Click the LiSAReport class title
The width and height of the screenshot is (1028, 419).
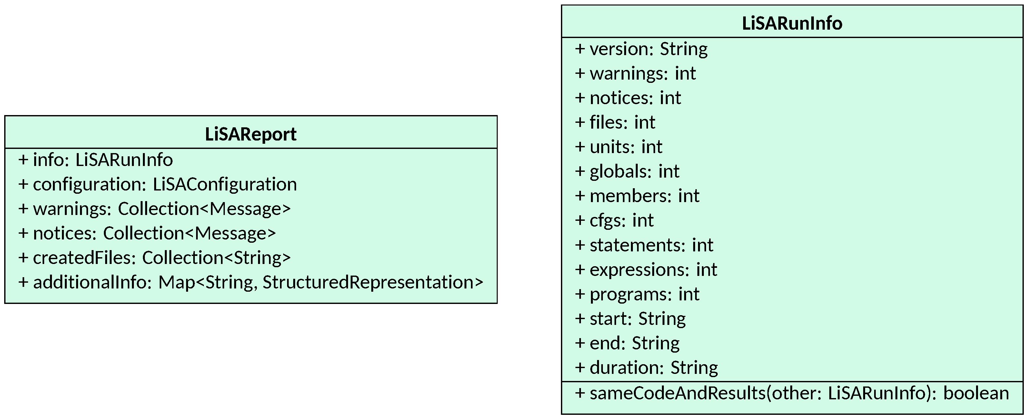[251, 134]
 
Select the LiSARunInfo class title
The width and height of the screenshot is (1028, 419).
[792, 23]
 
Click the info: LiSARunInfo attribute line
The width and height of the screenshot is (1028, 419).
[96, 160]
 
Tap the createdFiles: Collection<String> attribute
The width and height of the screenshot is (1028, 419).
[155, 258]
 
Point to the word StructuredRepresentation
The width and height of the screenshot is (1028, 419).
[372, 282]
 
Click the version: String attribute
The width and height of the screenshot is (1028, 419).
[641, 49]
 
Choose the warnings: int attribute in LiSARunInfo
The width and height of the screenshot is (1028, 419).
[635, 73]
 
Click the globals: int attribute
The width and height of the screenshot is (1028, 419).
[627, 171]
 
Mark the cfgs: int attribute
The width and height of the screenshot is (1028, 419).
[614, 220]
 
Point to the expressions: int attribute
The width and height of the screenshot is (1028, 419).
[646, 269]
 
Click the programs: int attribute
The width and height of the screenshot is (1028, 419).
[637, 294]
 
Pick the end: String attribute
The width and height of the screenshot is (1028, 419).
[627, 343]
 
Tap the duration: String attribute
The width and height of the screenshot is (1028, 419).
[646, 367]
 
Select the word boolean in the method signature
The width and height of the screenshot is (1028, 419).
[976, 393]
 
